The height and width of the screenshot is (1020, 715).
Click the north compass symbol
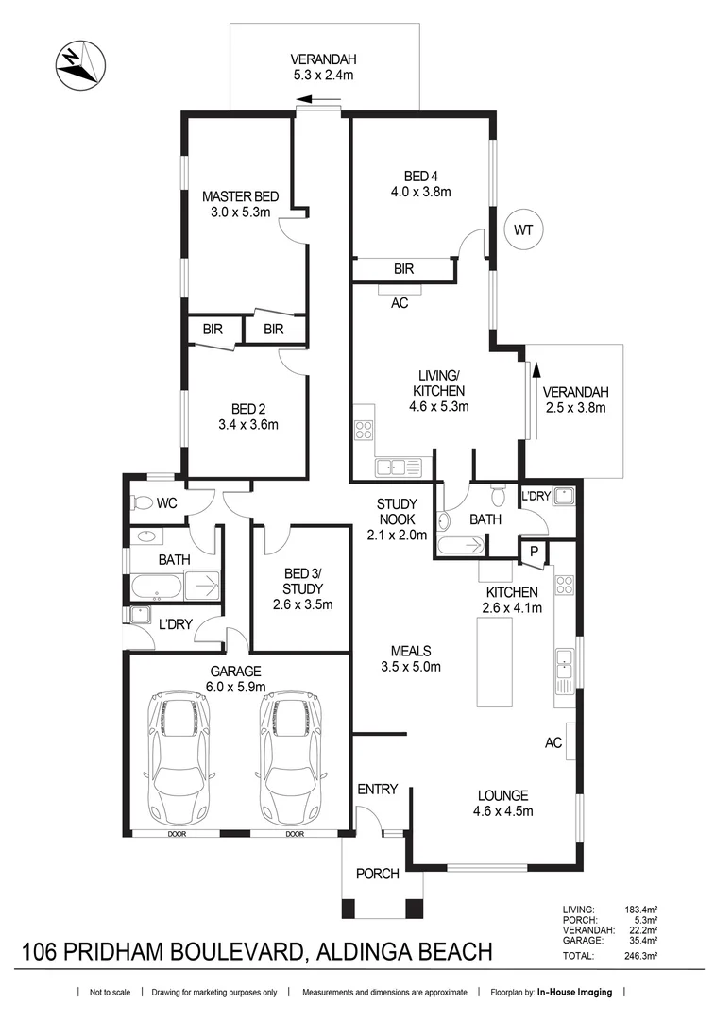coord(78,65)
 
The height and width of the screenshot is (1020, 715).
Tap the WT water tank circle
coord(523,229)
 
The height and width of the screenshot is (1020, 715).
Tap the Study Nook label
coord(397,511)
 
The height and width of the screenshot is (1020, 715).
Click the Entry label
coord(377,789)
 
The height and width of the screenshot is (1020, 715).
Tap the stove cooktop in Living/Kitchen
coord(364,431)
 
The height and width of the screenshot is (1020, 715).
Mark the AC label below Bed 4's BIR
coord(400,303)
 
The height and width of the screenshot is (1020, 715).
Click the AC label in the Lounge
coord(553,743)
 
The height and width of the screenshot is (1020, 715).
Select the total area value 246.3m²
coord(640,956)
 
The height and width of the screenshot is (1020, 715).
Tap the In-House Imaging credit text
coord(574,993)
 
